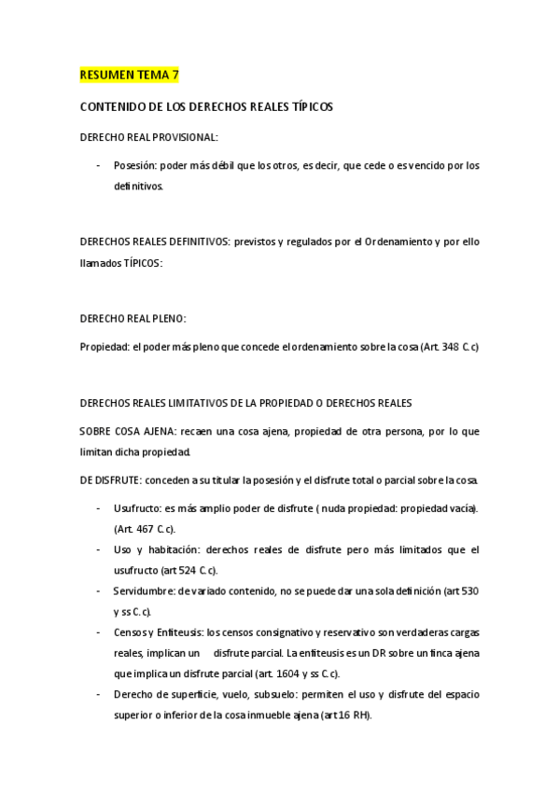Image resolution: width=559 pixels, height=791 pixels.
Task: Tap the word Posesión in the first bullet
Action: point(134,166)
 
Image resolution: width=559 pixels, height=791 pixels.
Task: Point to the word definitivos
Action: point(137,187)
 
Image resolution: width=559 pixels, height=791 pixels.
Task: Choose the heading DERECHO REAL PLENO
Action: point(133,318)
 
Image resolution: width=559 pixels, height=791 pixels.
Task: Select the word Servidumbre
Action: point(144,591)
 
